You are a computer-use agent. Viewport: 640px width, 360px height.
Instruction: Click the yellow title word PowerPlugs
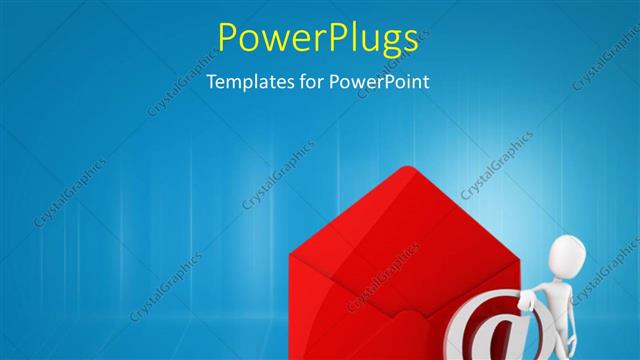[x=318, y=38]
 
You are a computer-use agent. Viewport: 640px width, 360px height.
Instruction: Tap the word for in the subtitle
[x=309, y=82]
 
